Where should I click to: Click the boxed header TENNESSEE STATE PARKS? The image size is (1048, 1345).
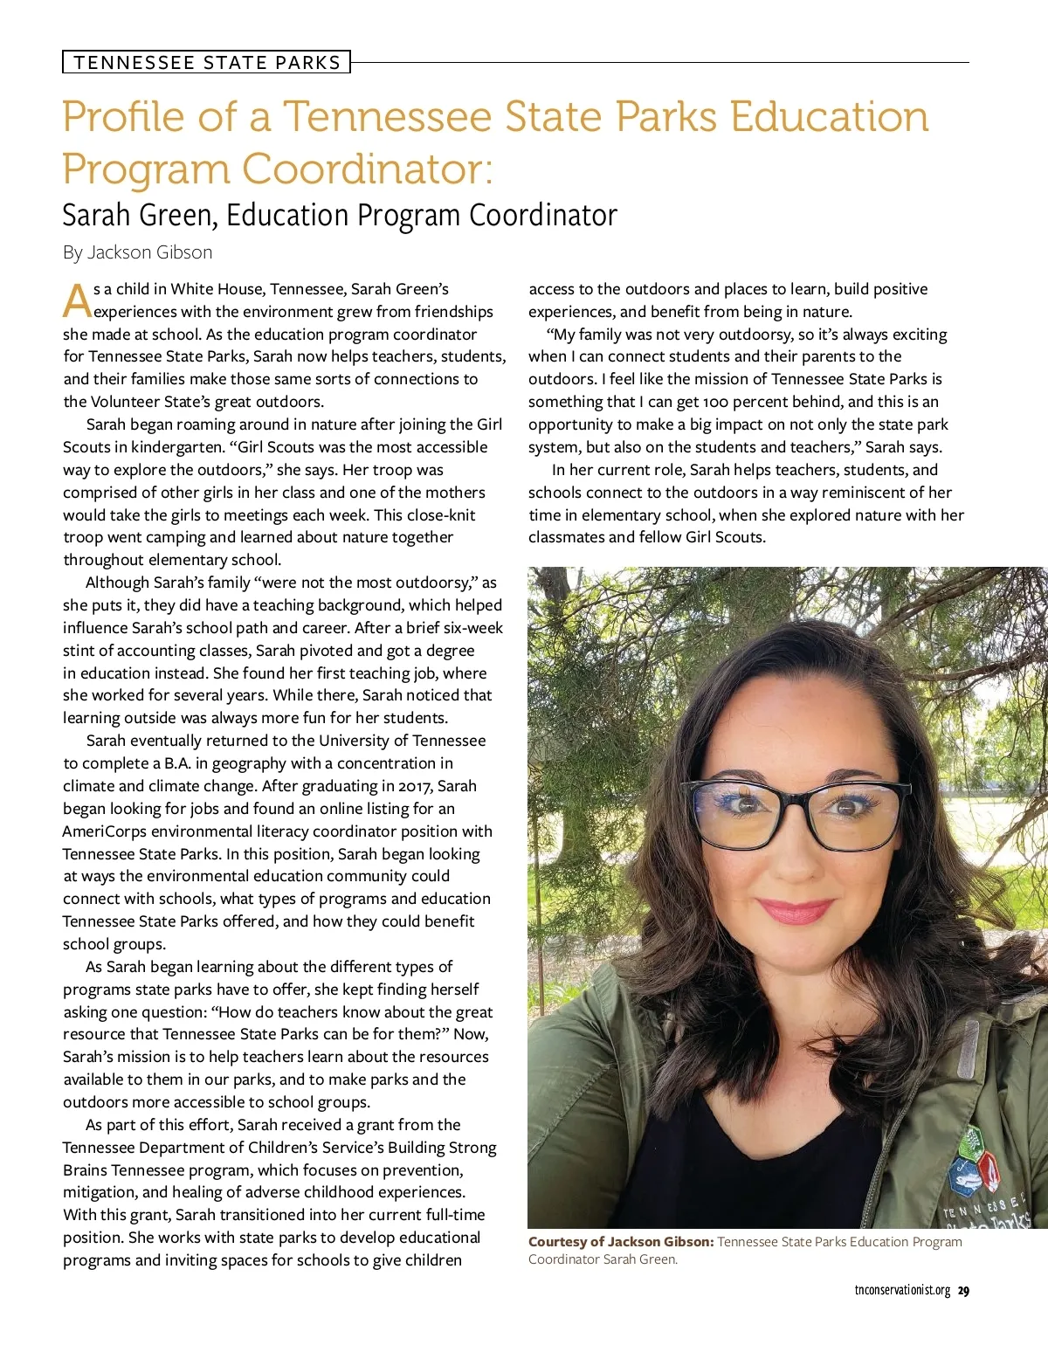click(x=206, y=62)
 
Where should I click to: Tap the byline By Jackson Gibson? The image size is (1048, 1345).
click(x=137, y=252)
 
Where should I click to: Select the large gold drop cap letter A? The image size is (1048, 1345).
click(x=77, y=300)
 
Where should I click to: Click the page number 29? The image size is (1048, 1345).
click(x=963, y=1291)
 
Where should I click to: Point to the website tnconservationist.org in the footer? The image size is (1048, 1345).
click(x=902, y=1291)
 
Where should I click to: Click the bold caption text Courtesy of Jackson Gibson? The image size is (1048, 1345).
click(x=621, y=1242)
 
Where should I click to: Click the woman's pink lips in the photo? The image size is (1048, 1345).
click(x=795, y=911)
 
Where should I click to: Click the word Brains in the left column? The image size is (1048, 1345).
click(x=85, y=1170)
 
